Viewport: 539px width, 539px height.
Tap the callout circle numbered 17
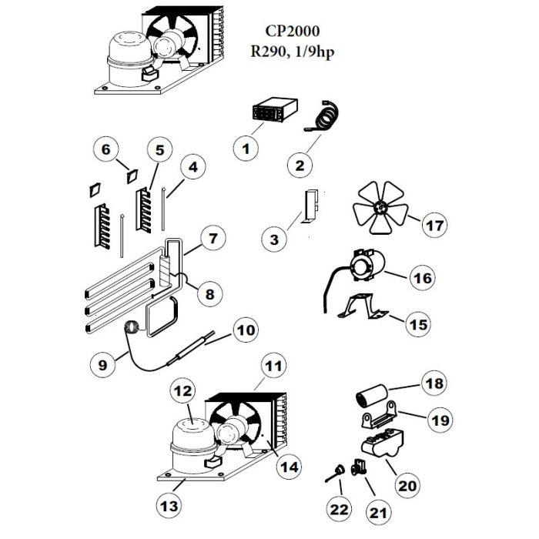click(434, 226)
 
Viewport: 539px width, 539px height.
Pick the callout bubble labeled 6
click(107, 150)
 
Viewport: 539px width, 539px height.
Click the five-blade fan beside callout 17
click(380, 209)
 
